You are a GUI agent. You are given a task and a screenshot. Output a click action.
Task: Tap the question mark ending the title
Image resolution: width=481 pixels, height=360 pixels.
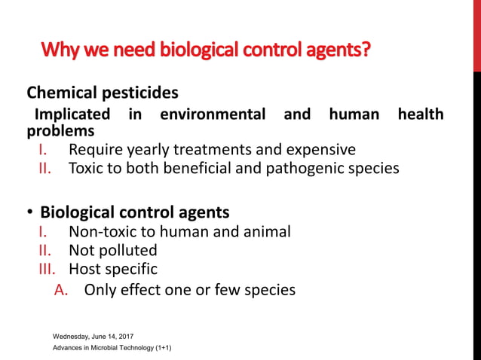pos(366,51)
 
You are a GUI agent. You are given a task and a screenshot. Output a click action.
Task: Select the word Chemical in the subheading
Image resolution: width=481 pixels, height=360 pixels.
pos(61,93)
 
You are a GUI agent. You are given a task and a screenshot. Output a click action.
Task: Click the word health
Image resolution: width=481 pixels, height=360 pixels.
pos(420,114)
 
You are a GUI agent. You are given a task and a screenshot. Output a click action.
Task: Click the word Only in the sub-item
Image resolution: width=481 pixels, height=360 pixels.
pos(100,289)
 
